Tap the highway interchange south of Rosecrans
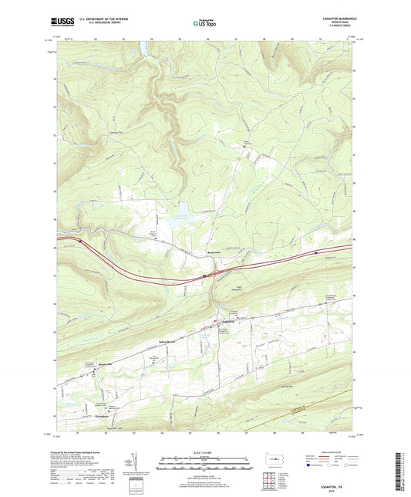[205, 274]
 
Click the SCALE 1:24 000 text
[204, 451]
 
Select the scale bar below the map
[204, 463]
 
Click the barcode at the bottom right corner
[401, 471]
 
